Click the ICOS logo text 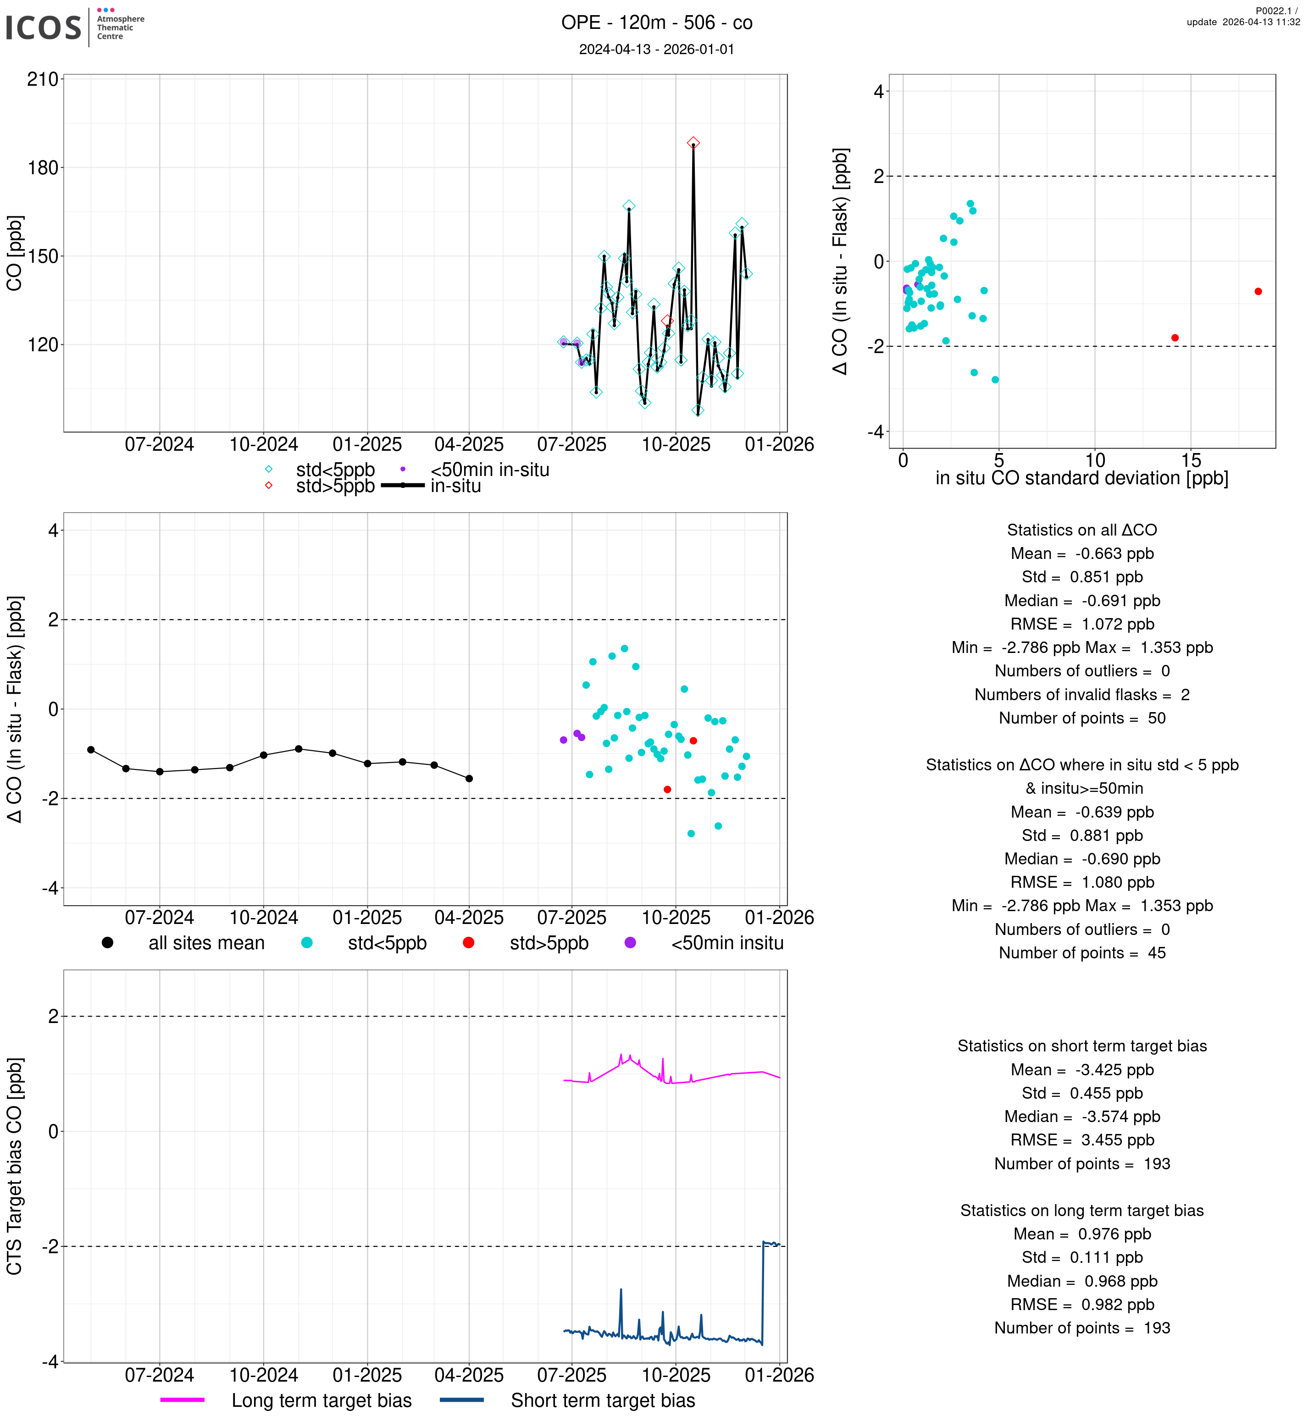(44, 28)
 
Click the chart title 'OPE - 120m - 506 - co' (656, 23)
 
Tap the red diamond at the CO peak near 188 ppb (693, 143)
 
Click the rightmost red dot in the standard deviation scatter (1258, 292)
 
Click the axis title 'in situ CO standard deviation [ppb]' (1081, 479)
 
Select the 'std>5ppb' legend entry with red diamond (334, 487)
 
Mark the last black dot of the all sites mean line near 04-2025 (469, 779)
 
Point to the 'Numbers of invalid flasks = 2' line (1081, 695)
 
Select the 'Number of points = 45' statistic (1081, 953)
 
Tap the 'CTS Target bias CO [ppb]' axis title (16, 1166)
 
